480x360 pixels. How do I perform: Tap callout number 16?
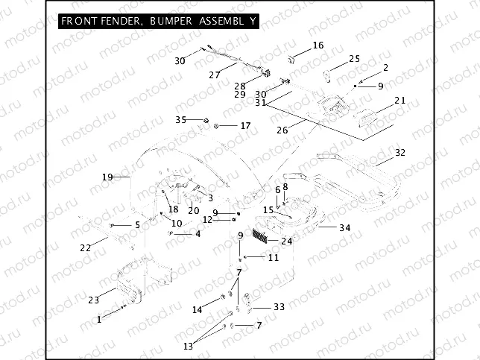pyautogui.click(x=318, y=45)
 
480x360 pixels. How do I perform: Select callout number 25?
pyautogui.click(x=354, y=59)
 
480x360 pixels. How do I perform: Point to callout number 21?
pyautogui.click(x=400, y=101)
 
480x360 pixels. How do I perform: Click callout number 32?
pyautogui.click(x=400, y=153)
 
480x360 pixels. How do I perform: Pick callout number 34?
pyautogui.click(x=344, y=227)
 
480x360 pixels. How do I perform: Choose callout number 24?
pyautogui.click(x=287, y=241)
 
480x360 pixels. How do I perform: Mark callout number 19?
pyautogui.click(x=107, y=177)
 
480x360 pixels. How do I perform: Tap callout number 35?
pyautogui.click(x=180, y=119)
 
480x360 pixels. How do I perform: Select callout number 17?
pyautogui.click(x=245, y=126)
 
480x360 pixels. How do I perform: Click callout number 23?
pyautogui.click(x=93, y=300)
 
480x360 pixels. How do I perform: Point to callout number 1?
pyautogui.click(x=99, y=319)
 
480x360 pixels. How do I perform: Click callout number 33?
pyautogui.click(x=279, y=306)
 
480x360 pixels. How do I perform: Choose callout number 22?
pyautogui.click(x=86, y=247)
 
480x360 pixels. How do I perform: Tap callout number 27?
pyautogui.click(x=215, y=75)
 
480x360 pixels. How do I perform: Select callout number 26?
pyautogui.click(x=282, y=130)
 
